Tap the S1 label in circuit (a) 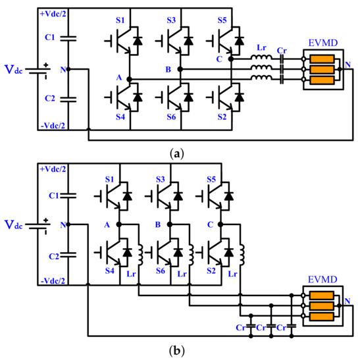click(120, 20)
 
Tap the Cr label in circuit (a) click(282, 49)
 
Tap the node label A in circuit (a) click(120, 76)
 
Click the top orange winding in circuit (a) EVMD click(322, 58)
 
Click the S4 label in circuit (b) click(120, 271)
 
